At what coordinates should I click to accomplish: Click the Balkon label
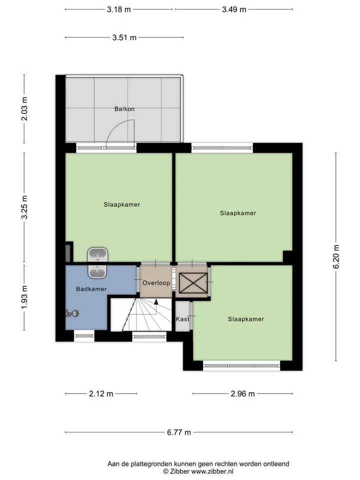tap(124, 108)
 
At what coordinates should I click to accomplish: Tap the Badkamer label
tap(91, 288)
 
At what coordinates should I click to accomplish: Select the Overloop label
tap(156, 282)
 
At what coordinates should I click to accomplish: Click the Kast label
tap(182, 319)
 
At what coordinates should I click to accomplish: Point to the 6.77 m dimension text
tap(179, 432)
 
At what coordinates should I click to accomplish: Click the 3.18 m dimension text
tap(119, 9)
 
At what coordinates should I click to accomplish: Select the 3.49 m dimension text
tap(234, 9)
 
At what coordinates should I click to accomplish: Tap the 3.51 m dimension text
tap(124, 37)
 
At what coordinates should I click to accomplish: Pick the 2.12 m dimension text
tap(101, 393)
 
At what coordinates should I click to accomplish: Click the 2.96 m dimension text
tap(242, 393)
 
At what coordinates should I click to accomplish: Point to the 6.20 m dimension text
tap(336, 256)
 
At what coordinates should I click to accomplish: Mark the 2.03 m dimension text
tap(24, 108)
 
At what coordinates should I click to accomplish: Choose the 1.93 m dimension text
tap(24, 297)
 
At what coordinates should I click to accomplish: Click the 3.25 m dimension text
tap(24, 207)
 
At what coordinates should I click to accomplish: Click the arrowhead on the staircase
tap(156, 302)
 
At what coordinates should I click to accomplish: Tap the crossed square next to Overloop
tap(193, 283)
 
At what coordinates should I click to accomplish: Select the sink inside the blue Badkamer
tap(97, 271)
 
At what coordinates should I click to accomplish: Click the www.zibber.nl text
tap(212, 471)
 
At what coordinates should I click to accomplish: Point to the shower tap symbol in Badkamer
tap(72, 313)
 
